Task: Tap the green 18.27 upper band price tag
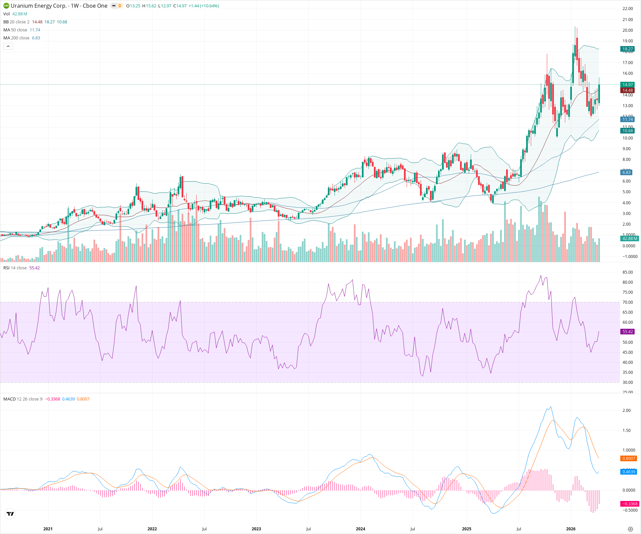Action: coord(627,49)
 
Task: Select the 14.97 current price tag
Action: coord(627,85)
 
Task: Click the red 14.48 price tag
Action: coord(627,90)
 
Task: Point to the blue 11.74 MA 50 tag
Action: coord(627,119)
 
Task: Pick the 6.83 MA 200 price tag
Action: coord(626,172)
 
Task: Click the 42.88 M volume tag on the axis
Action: coord(629,239)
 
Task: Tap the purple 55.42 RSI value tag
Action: coord(627,332)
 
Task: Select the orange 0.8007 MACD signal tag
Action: coord(629,459)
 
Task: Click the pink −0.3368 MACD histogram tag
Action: coord(629,504)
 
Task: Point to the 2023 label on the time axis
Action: coord(256,529)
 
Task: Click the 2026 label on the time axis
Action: coord(571,529)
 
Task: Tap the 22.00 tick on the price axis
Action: coord(627,9)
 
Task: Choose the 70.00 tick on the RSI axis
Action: coord(627,302)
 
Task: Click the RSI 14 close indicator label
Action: coord(15,268)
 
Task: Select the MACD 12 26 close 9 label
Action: coord(23,399)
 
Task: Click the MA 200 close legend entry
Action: coord(16,38)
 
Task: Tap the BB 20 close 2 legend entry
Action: coord(16,22)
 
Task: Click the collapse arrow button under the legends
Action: coord(8,46)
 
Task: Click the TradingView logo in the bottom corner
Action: coord(10,514)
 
